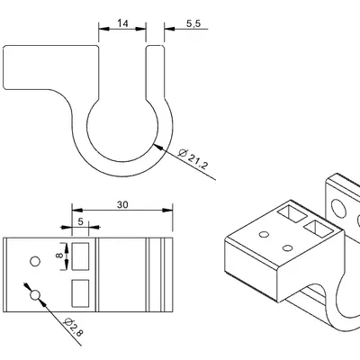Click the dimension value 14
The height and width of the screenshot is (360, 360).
122,23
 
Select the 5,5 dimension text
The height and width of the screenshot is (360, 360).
193,23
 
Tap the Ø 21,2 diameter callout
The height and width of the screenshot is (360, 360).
193,159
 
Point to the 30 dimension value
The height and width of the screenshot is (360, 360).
122,204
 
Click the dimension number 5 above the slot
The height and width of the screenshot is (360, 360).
80,221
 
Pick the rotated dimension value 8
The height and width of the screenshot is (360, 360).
59,256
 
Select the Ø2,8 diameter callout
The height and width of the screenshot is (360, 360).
74,327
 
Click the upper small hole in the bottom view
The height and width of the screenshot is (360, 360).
35,262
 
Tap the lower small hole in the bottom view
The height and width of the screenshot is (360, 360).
35,295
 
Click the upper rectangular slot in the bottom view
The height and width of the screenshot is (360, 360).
80,256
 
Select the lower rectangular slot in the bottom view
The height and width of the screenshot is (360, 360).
80,293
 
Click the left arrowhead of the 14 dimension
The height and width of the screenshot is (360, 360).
103,29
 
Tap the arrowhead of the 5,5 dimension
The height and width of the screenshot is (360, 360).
169,29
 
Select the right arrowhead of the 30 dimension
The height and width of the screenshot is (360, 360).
167,210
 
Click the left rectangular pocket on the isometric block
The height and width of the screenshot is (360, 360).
292,213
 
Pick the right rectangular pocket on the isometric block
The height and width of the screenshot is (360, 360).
319,229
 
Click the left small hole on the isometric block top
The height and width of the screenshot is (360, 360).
264,234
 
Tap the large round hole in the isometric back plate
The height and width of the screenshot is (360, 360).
338,208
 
